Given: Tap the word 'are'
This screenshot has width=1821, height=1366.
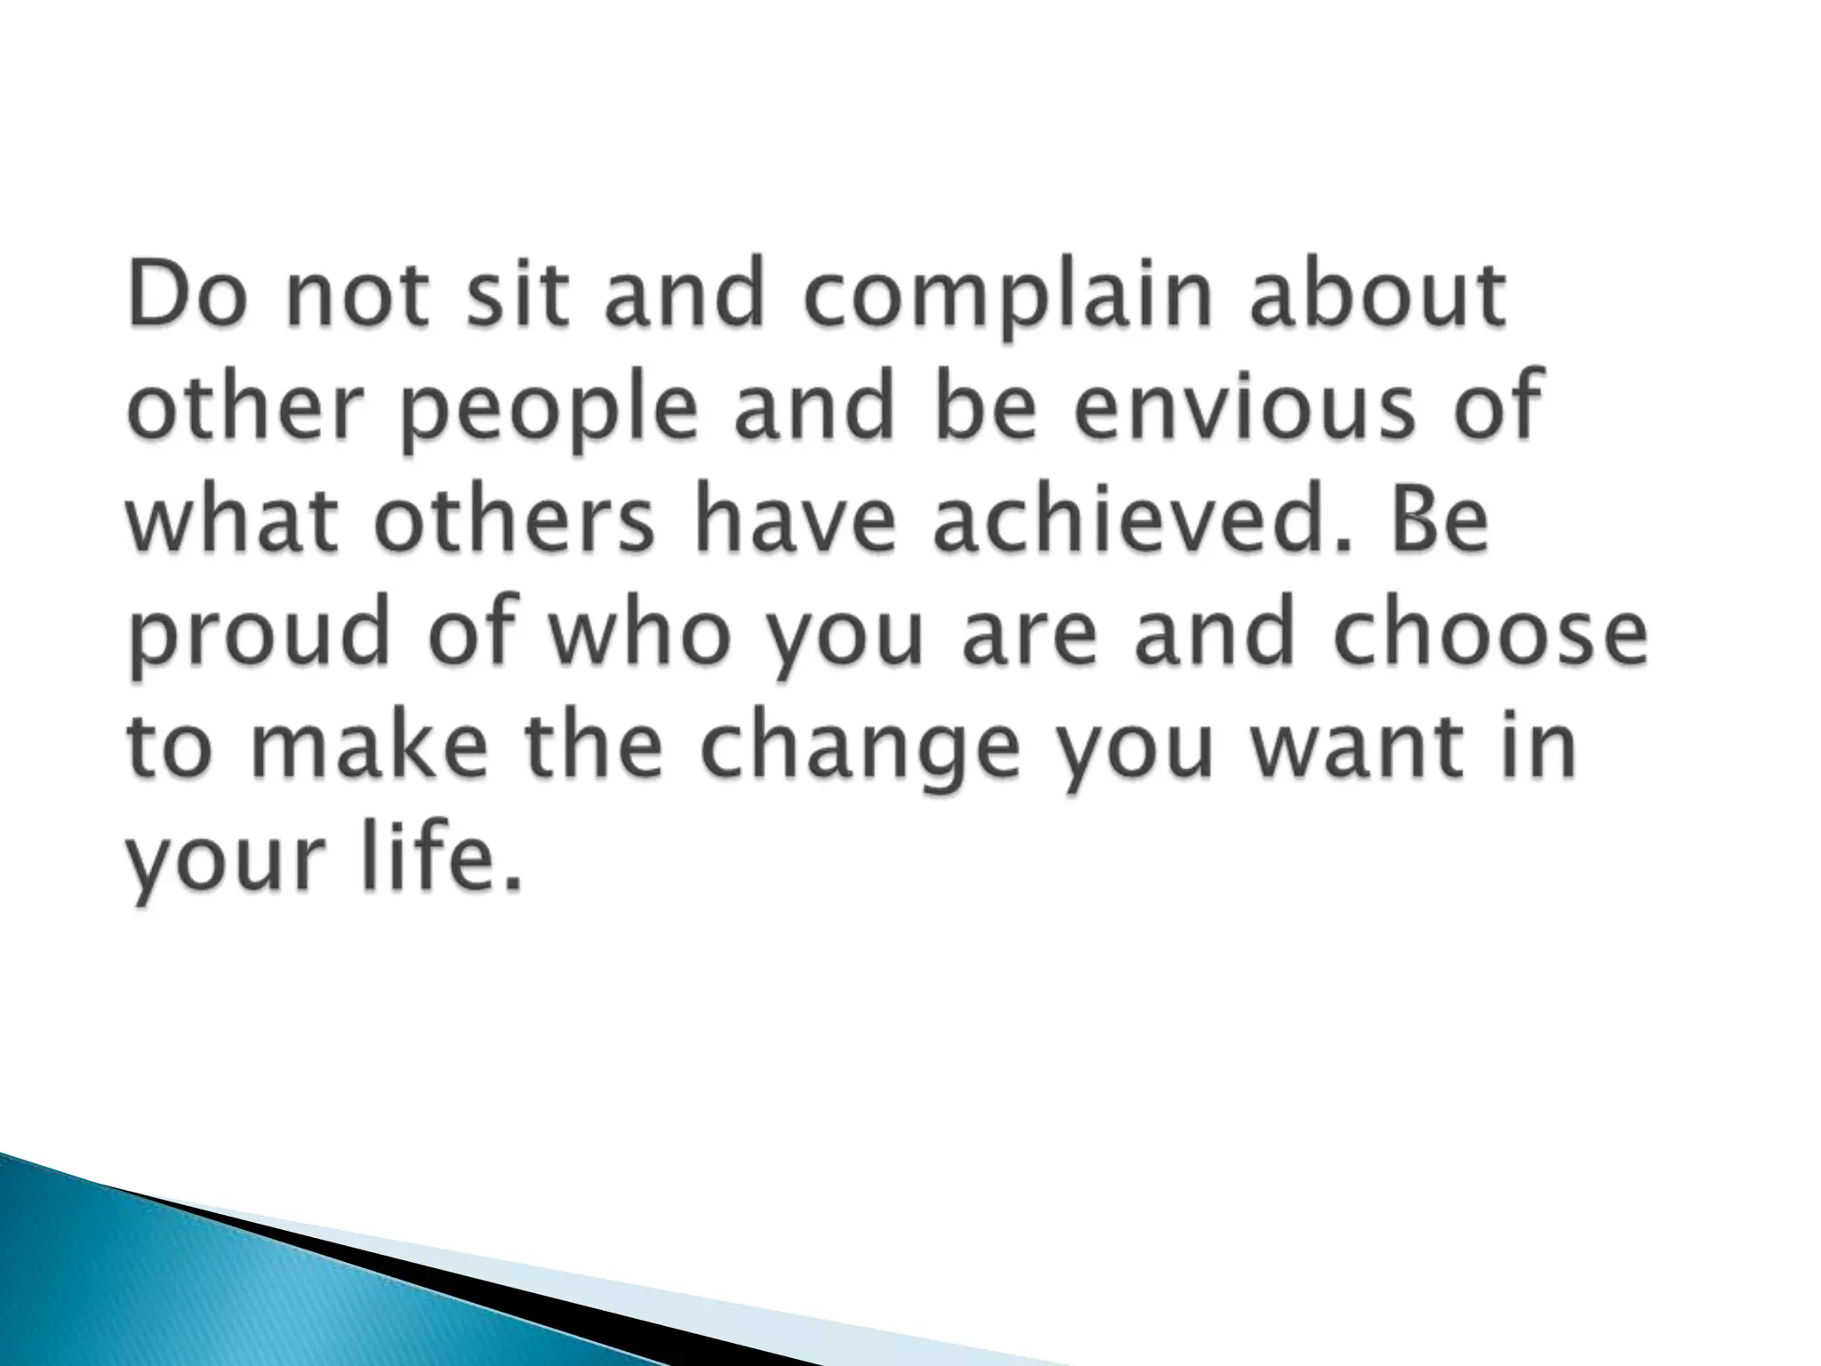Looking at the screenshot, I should [1026, 638].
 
